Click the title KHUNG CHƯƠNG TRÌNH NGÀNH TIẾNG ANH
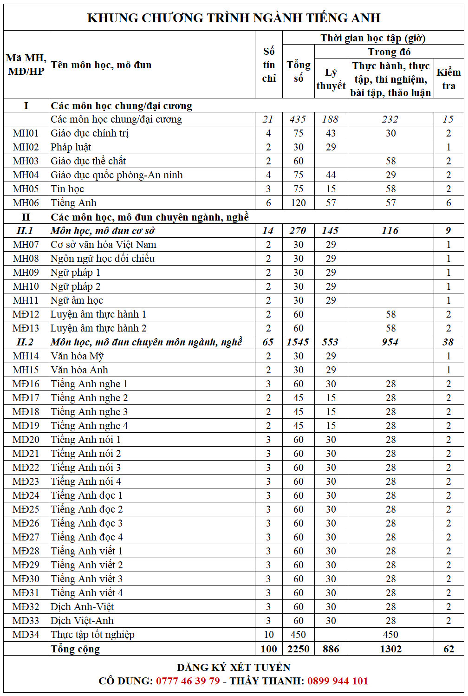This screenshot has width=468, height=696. [x=234, y=18]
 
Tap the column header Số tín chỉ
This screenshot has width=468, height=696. [x=269, y=65]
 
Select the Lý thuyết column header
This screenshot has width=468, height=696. [x=331, y=79]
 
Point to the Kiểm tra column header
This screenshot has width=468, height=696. [x=448, y=79]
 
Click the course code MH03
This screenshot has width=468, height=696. [x=26, y=161]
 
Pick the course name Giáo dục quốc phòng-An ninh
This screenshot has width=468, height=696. [x=117, y=175]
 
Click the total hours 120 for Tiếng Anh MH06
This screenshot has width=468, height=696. [x=298, y=203]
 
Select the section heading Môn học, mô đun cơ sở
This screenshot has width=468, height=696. [x=103, y=231]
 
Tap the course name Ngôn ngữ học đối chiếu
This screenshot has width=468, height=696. [x=103, y=259]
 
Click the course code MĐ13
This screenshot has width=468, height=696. [x=26, y=328]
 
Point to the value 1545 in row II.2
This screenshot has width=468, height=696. [x=298, y=342]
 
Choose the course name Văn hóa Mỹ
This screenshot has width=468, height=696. [x=77, y=356]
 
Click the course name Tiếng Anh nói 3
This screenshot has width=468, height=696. [x=86, y=468]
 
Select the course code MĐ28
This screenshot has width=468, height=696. [x=26, y=551]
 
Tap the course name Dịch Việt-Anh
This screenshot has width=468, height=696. [x=82, y=621]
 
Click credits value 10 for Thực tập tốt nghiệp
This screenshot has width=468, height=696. [x=269, y=635]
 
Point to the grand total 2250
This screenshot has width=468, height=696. [x=298, y=649]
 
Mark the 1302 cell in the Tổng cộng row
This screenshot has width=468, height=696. [x=390, y=649]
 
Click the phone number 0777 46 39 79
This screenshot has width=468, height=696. [x=188, y=681]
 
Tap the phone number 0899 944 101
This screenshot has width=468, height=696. [x=338, y=681]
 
